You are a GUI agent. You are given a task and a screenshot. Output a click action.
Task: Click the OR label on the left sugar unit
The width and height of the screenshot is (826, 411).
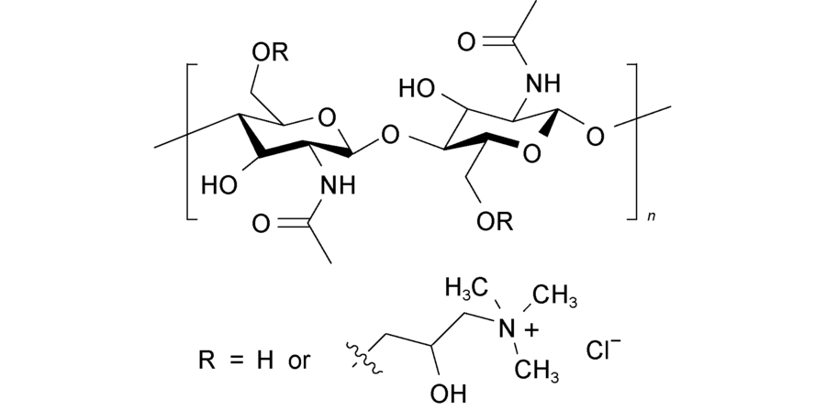coord(270,52)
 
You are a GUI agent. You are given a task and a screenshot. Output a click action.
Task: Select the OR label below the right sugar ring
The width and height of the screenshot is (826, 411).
coord(495,221)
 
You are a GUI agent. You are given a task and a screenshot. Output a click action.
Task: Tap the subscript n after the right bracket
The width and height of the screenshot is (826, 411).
coord(652,217)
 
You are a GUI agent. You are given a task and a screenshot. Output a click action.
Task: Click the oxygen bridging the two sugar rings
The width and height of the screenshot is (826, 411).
coord(389,137)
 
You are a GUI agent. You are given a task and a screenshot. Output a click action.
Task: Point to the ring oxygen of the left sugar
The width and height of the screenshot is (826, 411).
coord(327,118)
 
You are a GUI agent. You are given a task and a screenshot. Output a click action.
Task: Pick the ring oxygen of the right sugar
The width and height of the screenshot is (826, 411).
coord(532,153)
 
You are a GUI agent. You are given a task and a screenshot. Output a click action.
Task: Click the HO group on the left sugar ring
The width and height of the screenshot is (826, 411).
coord(219,185)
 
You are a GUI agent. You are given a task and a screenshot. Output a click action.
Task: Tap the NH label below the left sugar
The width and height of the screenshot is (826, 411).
coord(338,185)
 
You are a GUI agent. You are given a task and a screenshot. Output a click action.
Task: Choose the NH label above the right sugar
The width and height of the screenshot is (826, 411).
coord(543,83)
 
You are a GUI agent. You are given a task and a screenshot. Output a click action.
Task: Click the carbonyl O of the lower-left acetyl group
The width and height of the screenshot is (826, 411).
coord(261,223)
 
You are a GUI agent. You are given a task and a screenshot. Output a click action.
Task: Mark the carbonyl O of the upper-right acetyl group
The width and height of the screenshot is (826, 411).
coord(466,42)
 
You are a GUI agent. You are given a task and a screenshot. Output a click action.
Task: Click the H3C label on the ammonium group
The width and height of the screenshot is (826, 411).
coord(465,288)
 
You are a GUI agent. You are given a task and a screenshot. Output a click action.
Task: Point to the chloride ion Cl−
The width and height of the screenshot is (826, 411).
coord(604,350)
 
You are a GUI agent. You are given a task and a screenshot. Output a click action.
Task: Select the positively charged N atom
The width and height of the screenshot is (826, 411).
coord(507,330)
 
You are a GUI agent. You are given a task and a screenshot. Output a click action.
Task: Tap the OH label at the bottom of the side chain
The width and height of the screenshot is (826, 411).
coord(449,393)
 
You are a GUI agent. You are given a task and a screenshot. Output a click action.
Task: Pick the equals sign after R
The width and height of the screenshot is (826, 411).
coord(237,361)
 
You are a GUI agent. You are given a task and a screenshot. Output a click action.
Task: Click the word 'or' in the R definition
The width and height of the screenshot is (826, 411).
coord(300,362)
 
